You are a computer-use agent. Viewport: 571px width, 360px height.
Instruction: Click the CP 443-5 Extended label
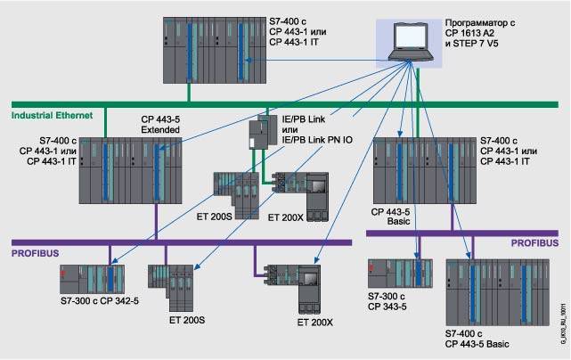(x=160, y=124)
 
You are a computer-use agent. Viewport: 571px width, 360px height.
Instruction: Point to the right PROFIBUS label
(x=534, y=242)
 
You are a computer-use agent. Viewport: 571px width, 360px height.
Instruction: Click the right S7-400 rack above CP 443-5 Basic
(x=422, y=169)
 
